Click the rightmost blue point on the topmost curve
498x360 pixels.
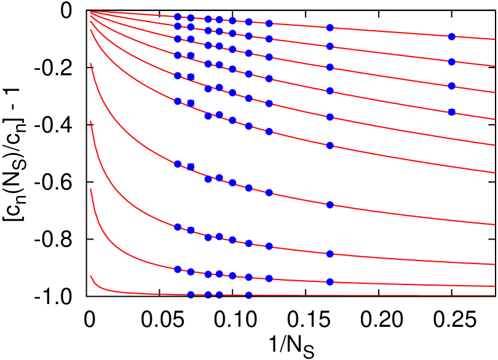click(x=451, y=37)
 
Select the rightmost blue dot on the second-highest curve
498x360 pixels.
click(x=451, y=62)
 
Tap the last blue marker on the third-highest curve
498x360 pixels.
click(x=451, y=86)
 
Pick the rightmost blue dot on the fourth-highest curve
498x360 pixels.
click(x=451, y=112)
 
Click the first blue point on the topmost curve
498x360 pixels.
click(x=178, y=17)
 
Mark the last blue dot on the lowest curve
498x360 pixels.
click(x=248, y=295)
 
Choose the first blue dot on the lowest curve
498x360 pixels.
click(x=191, y=295)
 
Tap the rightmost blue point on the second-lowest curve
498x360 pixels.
click(x=330, y=282)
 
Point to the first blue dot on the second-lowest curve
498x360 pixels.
click(x=178, y=269)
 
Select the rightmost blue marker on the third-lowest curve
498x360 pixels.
click(x=330, y=254)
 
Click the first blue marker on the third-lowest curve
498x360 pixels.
click(x=178, y=227)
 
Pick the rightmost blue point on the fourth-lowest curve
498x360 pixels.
click(x=330, y=205)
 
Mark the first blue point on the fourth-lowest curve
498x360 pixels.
click(x=178, y=164)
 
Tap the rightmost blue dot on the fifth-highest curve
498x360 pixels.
click(x=330, y=117)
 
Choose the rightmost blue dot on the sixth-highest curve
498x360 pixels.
click(x=330, y=146)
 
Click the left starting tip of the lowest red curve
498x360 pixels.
click(x=91, y=276)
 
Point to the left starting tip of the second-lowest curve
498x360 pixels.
click(x=91, y=189)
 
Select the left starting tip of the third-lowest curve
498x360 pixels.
click(x=91, y=122)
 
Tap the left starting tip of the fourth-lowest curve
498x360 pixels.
click(x=91, y=63)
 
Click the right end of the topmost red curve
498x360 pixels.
click(x=494, y=39)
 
